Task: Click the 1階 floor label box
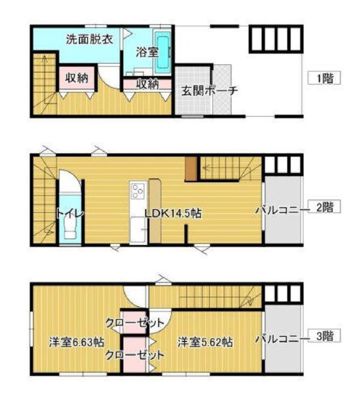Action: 324,78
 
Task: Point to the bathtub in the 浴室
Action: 162,52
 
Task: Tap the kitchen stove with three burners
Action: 138,190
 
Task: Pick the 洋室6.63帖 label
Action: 76,342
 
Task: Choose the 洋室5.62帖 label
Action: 205,342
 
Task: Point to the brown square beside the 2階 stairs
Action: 192,169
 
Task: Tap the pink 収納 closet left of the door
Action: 77,78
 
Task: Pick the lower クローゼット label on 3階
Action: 135,355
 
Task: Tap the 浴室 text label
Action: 144,53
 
